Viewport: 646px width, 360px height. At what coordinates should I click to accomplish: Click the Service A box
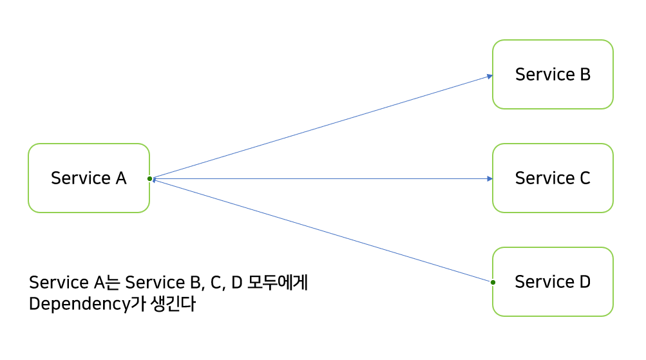[89, 178]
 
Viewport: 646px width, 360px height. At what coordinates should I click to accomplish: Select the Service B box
[553, 74]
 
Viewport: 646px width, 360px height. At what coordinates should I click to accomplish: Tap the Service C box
[553, 178]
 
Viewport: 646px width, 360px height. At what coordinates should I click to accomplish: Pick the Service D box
[553, 281]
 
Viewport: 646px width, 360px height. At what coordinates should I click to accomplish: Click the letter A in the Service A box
[121, 178]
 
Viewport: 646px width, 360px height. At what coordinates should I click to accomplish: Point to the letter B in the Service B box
[585, 74]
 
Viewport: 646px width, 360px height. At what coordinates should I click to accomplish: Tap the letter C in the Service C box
[584, 178]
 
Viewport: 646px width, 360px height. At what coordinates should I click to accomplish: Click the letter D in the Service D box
[584, 281]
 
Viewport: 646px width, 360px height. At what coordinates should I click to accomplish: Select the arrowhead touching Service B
[489, 76]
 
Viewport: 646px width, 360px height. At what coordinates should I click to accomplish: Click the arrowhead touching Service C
[489, 178]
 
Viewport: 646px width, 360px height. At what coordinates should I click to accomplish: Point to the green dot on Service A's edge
[149, 178]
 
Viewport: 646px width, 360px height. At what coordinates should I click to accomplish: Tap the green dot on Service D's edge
[493, 282]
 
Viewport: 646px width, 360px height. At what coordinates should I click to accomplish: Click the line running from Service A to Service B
[322, 126]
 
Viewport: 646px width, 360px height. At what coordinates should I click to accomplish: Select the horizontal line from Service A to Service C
[322, 178]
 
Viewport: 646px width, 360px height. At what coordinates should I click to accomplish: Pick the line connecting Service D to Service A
[322, 231]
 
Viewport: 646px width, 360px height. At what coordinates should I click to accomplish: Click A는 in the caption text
[107, 282]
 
